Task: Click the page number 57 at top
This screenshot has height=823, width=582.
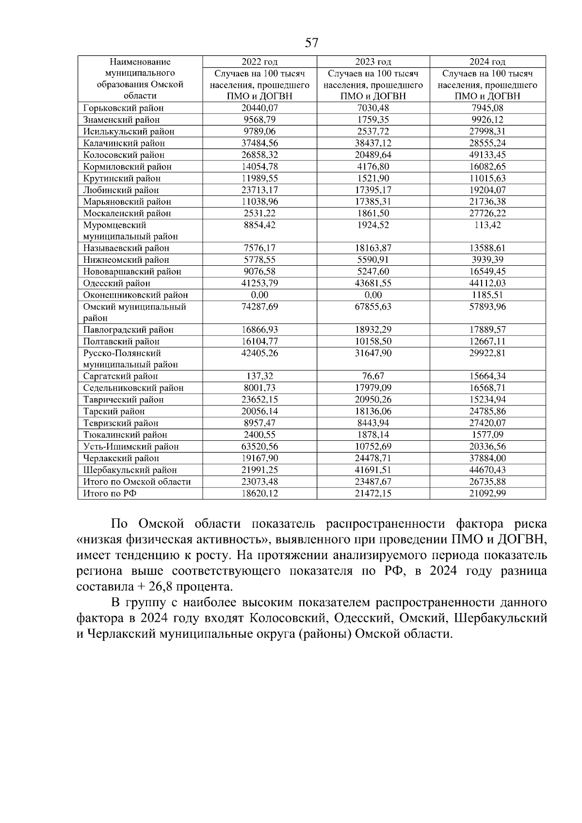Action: (311, 43)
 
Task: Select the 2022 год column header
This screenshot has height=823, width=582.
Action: (259, 62)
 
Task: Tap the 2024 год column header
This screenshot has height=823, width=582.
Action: (487, 62)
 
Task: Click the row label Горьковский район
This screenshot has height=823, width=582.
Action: (124, 108)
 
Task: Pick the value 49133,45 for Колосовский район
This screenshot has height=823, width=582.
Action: (487, 155)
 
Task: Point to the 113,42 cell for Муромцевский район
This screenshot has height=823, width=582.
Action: (487, 225)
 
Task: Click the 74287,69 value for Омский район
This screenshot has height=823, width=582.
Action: (259, 307)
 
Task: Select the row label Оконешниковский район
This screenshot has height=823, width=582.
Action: (135, 295)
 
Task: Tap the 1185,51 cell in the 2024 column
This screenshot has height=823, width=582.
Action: (487, 295)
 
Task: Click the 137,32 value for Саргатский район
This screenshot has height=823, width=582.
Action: (259, 376)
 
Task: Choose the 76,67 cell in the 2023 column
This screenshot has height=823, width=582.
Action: (373, 376)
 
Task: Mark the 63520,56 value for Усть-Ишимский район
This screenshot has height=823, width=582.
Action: (259, 446)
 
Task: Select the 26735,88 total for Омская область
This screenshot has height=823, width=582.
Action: (487, 482)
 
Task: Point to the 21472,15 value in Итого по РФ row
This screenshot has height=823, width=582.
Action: (373, 493)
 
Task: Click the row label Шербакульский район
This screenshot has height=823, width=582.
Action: (130, 470)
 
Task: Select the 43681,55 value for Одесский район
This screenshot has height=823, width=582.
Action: (373, 283)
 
